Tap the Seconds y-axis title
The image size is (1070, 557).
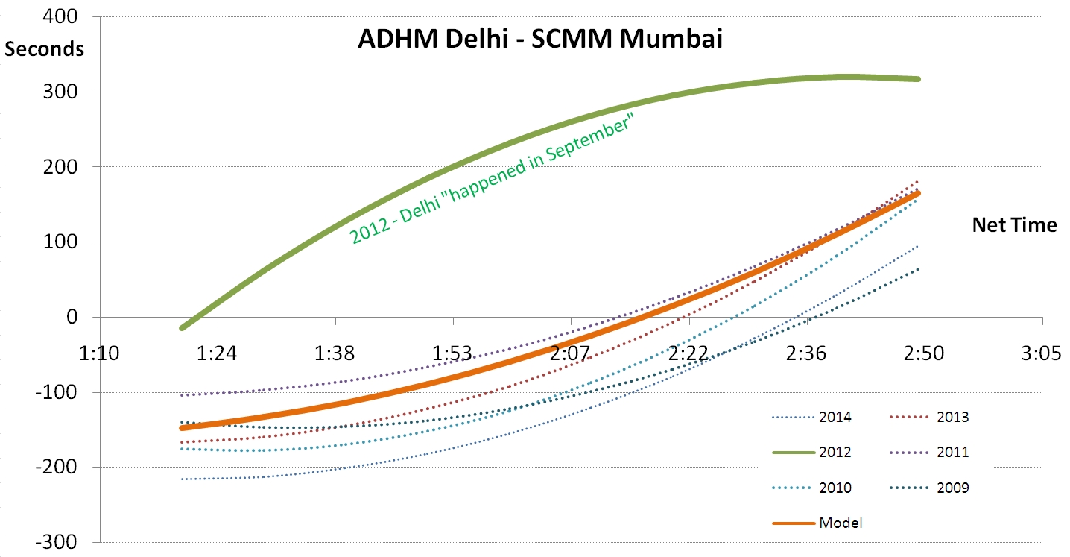(44, 49)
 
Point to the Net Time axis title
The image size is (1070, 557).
(1014, 224)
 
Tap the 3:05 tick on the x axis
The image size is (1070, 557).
(1041, 351)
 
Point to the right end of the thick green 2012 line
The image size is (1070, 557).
(918, 78)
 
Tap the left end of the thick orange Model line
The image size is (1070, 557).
(181, 428)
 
